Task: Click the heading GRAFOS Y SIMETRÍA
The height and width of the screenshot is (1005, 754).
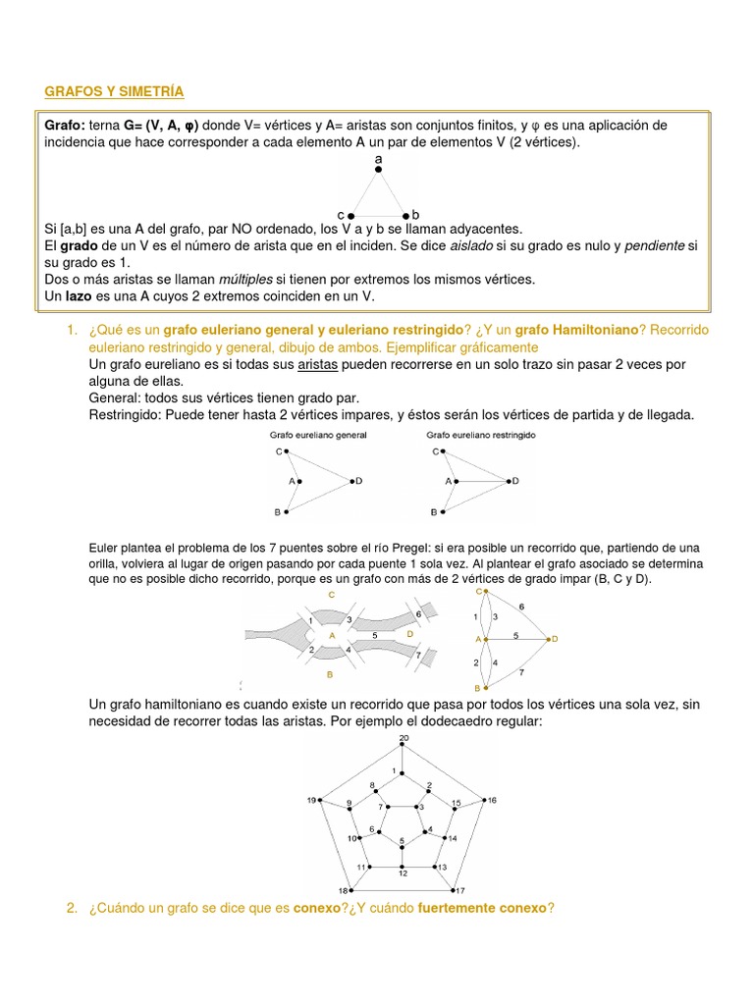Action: click(x=114, y=91)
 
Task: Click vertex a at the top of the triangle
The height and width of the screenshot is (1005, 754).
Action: click(x=378, y=169)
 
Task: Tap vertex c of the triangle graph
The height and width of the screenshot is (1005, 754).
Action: click(x=351, y=214)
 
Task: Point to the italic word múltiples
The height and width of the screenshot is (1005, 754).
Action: click(x=246, y=279)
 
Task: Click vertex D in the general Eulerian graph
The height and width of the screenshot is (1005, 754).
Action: click(x=350, y=481)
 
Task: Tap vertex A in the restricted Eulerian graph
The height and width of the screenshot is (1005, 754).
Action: click(x=456, y=482)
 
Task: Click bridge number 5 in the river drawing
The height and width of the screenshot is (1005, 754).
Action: click(x=374, y=636)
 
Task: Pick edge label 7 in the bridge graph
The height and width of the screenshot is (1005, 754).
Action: click(x=521, y=671)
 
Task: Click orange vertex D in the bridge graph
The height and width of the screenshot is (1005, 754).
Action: click(x=553, y=639)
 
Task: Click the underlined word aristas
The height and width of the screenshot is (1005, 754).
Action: click(x=309, y=364)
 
